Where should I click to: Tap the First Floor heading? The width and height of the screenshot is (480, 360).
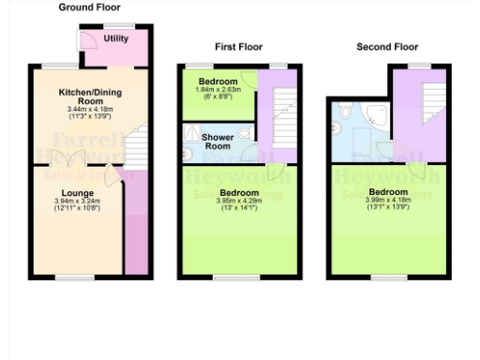(x=237, y=46)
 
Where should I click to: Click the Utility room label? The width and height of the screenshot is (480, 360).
(x=116, y=38)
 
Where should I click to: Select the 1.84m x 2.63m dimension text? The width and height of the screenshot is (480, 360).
(x=217, y=90)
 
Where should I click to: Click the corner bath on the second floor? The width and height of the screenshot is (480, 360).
(x=380, y=116)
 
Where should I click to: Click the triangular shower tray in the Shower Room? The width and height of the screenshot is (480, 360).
(x=193, y=135)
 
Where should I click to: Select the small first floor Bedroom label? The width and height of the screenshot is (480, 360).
(x=217, y=82)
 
